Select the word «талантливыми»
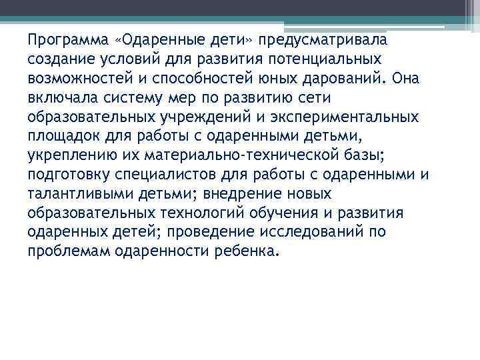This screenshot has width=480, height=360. coord(72,195)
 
